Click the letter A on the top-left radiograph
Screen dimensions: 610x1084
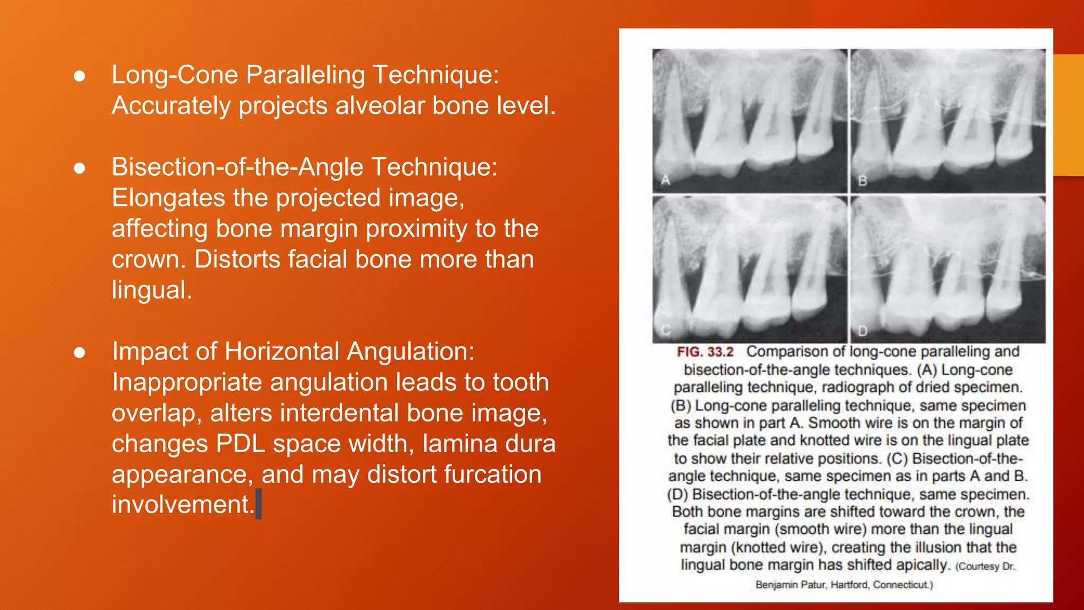pyautogui.click(x=665, y=180)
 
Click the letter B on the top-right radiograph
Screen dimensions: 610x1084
pyautogui.click(x=862, y=181)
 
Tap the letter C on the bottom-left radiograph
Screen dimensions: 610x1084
pyautogui.click(x=665, y=330)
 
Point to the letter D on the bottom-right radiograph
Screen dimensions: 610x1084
pyautogui.click(x=862, y=331)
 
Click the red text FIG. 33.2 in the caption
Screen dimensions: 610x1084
pyautogui.click(x=705, y=352)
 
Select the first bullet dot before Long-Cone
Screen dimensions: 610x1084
pyautogui.click(x=79, y=76)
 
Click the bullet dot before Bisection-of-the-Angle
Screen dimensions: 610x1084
pyautogui.click(x=79, y=168)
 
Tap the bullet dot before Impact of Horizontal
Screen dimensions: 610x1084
pyautogui.click(x=79, y=353)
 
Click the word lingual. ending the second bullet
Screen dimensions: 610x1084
pyautogui.click(x=152, y=290)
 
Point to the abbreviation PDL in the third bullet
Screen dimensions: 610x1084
pyautogui.click(x=240, y=444)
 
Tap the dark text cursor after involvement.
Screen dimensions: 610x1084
pyautogui.click(x=258, y=504)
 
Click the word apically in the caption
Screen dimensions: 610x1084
pyautogui.click(x=922, y=565)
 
